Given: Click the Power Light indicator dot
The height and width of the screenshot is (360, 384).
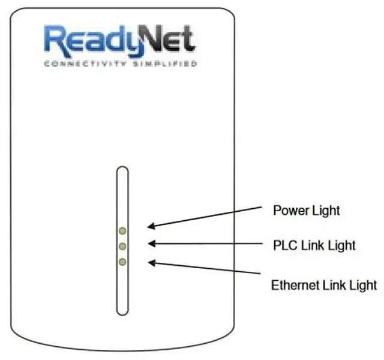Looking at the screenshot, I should [122, 230].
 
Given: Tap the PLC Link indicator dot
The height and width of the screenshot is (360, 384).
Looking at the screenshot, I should [122, 246].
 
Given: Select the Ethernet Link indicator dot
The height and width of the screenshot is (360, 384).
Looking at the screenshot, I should [122, 262].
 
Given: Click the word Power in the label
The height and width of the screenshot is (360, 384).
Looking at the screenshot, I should [289, 211].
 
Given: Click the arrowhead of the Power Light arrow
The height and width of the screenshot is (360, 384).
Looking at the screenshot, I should [150, 227].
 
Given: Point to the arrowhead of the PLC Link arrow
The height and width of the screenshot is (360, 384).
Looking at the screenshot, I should [151, 244].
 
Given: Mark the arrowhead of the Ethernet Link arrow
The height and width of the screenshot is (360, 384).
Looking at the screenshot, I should [151, 262].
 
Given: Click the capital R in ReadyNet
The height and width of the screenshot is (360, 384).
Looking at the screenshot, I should [56, 40].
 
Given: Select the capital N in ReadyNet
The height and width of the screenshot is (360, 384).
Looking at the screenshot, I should [155, 40].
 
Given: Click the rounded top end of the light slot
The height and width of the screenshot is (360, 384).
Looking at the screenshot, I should [122, 170].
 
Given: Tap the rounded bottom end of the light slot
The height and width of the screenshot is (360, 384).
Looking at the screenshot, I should [122, 311].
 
